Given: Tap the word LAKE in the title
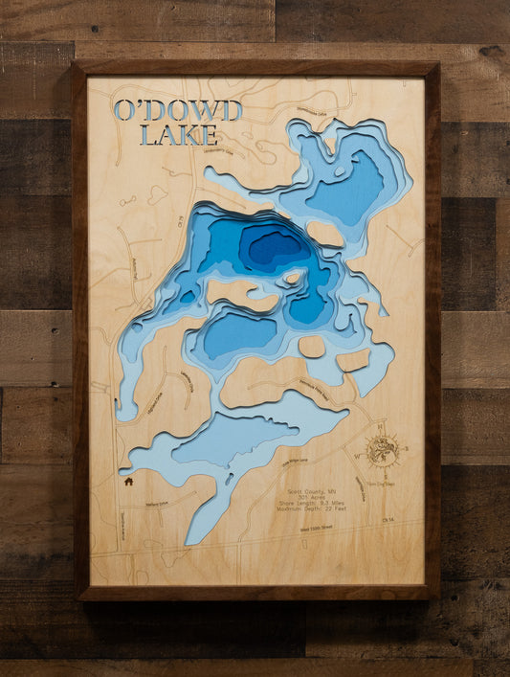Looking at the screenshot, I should click(x=178, y=135).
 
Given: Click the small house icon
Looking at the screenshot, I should click(x=128, y=482).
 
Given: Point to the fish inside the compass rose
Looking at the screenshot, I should click(x=382, y=451).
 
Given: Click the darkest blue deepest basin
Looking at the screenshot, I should click(x=273, y=247).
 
